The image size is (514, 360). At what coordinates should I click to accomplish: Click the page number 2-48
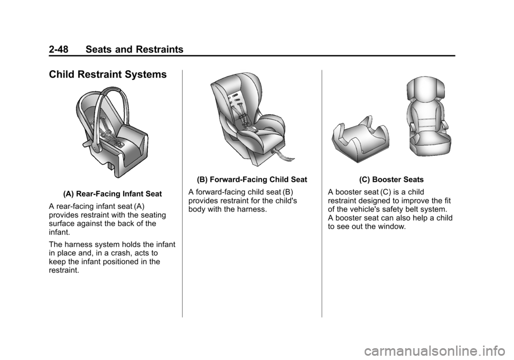pyautogui.click(x=58, y=49)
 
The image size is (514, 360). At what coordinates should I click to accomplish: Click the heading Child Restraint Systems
pyautogui.click(x=108, y=74)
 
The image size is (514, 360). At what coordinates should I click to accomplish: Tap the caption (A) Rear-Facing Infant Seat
pyautogui.click(x=112, y=194)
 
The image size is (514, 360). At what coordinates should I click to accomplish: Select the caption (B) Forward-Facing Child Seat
pyautogui.click(x=252, y=179)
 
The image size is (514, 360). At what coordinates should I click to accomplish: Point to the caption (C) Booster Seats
pyautogui.click(x=391, y=179)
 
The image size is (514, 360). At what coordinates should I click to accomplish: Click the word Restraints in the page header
pyautogui.click(x=160, y=49)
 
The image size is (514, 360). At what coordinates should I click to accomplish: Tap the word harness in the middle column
pyautogui.click(x=252, y=209)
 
